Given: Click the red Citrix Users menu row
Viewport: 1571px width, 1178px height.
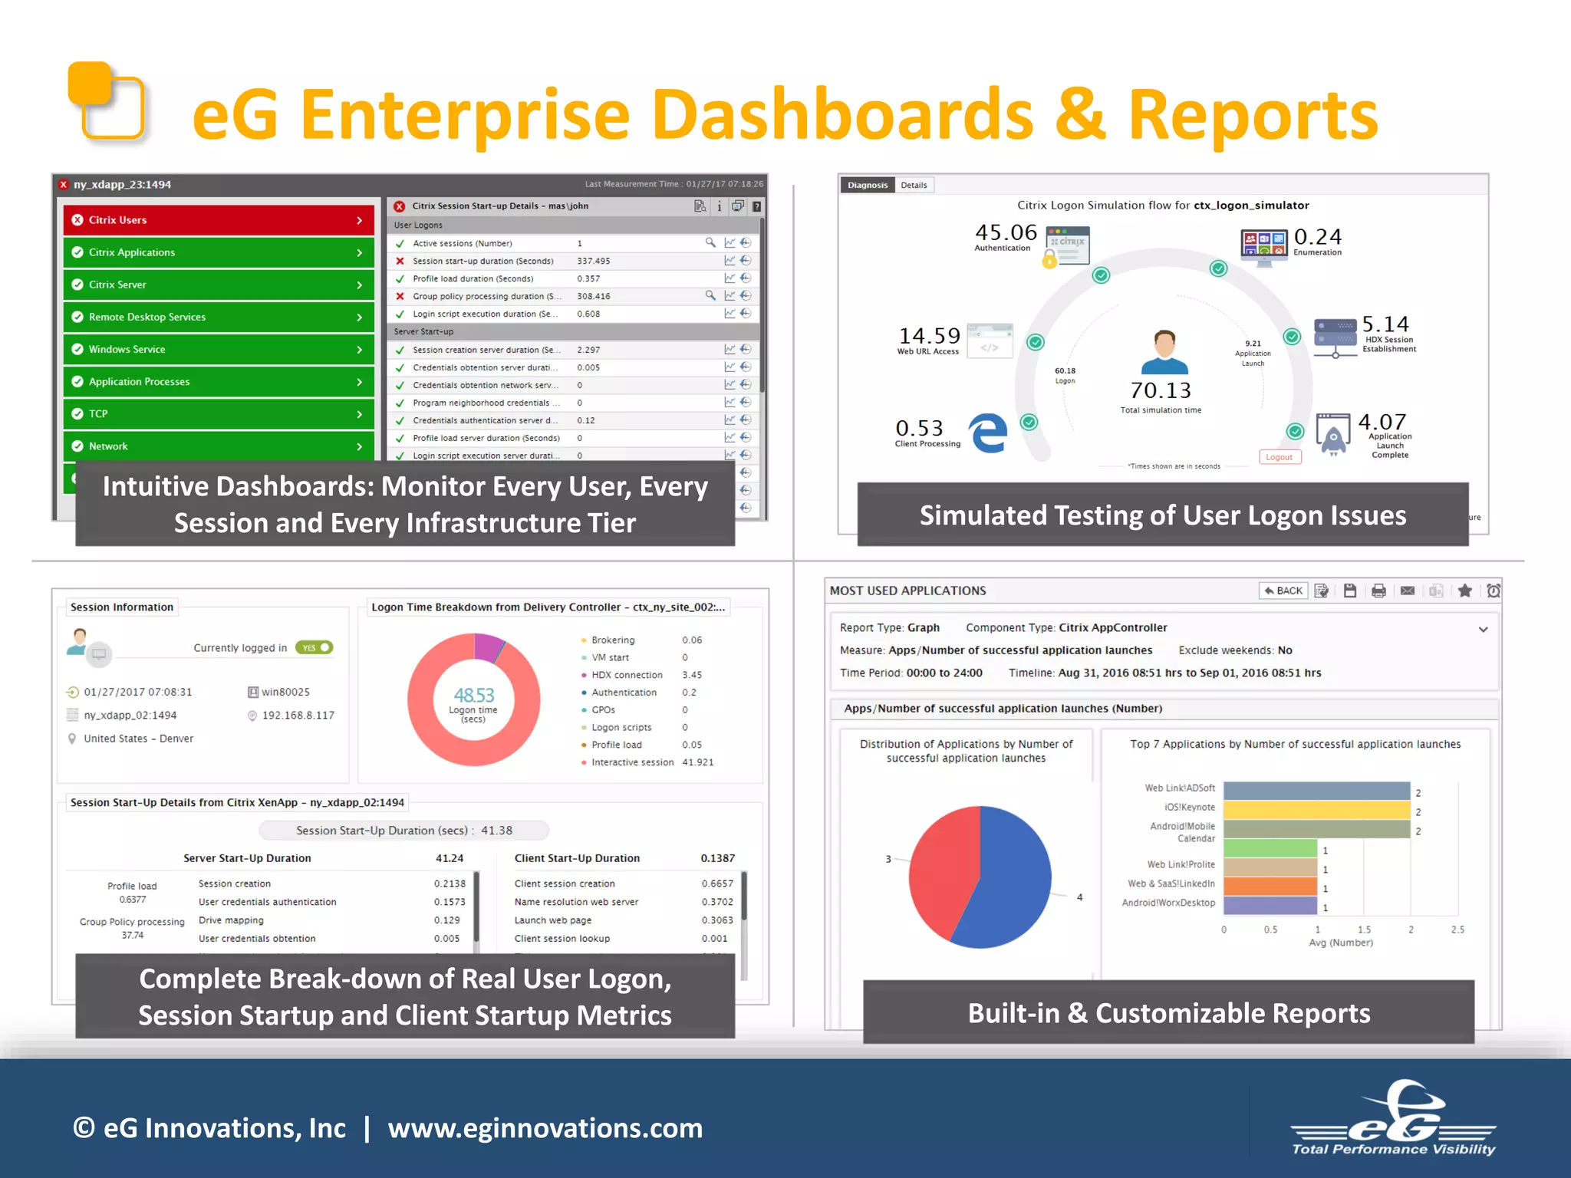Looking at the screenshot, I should (x=218, y=220).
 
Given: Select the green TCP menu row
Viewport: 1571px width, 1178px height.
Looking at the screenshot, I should (x=218, y=414).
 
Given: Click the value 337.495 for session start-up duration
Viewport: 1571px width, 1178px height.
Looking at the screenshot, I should (x=594, y=262).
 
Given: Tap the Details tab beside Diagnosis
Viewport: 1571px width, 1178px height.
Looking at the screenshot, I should (x=914, y=185).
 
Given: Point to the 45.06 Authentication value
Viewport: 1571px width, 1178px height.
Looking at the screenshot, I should (x=1006, y=233).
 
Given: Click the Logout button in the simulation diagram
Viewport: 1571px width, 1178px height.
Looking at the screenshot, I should (x=1279, y=457).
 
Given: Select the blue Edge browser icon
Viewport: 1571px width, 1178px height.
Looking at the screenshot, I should (x=988, y=433).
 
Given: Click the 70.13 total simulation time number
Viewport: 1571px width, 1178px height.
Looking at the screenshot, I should (x=1161, y=391).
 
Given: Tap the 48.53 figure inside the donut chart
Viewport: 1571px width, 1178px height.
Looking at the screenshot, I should (x=474, y=696).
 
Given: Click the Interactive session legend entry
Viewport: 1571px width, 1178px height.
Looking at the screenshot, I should (x=632, y=762).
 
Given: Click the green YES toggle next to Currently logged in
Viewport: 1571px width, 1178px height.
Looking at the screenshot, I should (x=315, y=648).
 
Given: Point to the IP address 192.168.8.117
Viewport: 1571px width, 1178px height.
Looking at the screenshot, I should (x=298, y=716).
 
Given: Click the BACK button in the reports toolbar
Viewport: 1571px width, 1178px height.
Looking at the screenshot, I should (x=1283, y=591).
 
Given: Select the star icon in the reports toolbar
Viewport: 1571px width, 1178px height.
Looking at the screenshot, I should (x=1464, y=591).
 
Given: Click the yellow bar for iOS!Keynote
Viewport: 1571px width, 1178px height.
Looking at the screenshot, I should (x=1316, y=810).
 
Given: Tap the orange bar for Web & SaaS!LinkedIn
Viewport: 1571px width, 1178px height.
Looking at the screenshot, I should (x=1270, y=887).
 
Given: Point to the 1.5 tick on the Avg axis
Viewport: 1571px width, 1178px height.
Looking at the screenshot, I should (x=1364, y=930).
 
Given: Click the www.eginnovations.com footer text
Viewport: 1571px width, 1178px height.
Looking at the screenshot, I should (x=545, y=1128).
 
